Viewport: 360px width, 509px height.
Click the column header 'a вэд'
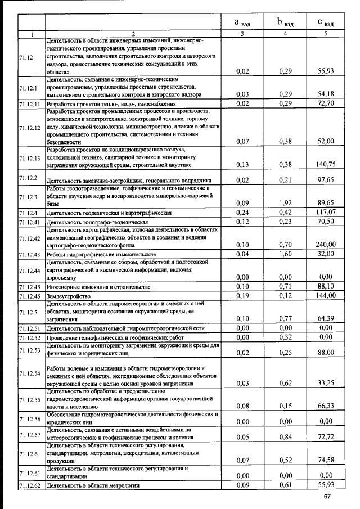tap(242, 23)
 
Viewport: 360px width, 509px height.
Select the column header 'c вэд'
tap(325, 23)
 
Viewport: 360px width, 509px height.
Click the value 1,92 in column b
tap(286, 203)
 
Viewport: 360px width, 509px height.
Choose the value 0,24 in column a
tap(242, 213)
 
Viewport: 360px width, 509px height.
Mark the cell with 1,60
tap(286, 254)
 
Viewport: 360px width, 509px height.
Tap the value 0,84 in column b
tap(286, 436)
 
